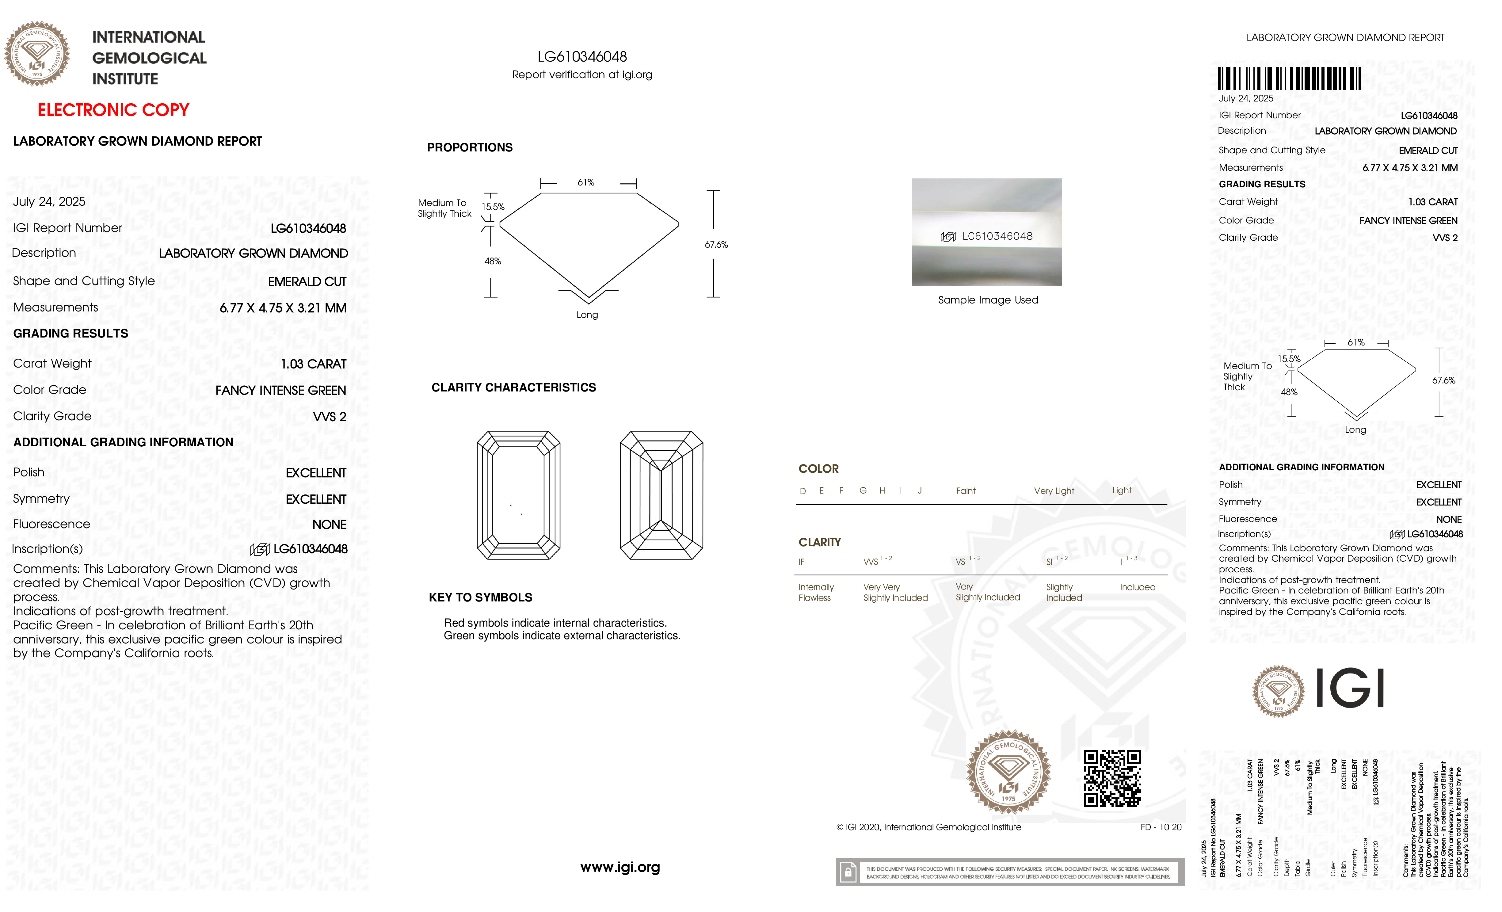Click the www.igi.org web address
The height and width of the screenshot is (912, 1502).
click(620, 867)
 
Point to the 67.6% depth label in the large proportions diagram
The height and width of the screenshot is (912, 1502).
click(716, 244)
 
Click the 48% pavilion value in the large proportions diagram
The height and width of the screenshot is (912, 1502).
click(493, 261)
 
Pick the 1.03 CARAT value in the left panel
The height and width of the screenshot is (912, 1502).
click(313, 364)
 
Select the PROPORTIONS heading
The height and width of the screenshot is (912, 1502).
click(469, 147)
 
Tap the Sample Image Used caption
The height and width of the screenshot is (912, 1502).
click(988, 300)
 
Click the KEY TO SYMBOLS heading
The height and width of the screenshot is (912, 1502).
click(480, 597)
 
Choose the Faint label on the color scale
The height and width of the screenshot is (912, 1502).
click(966, 491)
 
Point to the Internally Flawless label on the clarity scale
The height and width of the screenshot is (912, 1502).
click(816, 592)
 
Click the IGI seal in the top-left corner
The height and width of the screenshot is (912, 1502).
click(37, 54)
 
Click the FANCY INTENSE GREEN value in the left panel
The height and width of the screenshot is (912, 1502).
click(280, 390)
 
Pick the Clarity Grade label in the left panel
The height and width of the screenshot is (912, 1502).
click(52, 416)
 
